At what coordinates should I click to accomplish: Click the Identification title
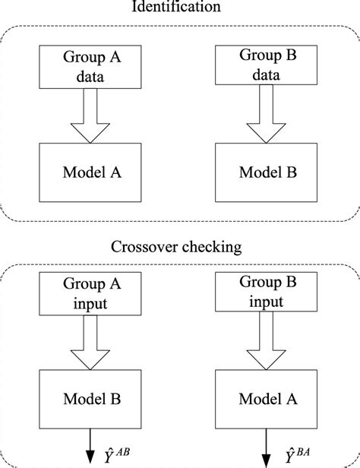[176, 6]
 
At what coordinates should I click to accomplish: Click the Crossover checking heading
[176, 247]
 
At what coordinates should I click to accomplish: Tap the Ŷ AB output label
[117, 455]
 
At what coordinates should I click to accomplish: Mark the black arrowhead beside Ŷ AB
[90, 457]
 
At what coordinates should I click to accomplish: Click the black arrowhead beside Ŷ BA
[266, 460]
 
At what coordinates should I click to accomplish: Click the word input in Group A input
[90, 304]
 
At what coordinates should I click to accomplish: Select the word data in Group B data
[266, 74]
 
